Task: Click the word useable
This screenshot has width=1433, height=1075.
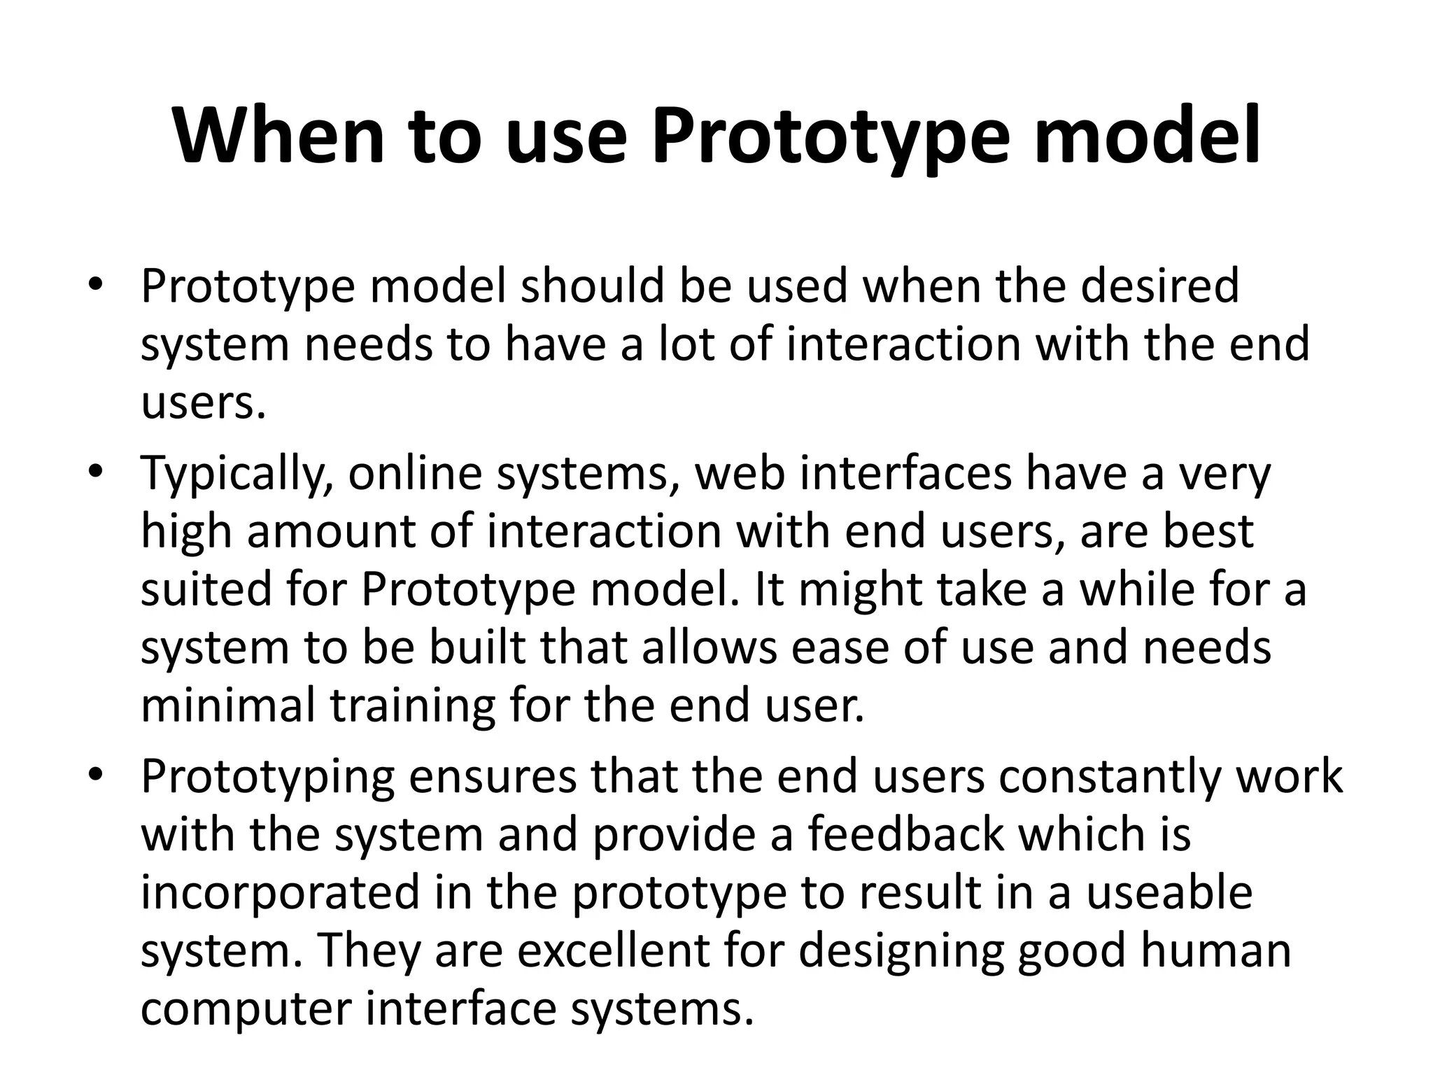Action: (1169, 892)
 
